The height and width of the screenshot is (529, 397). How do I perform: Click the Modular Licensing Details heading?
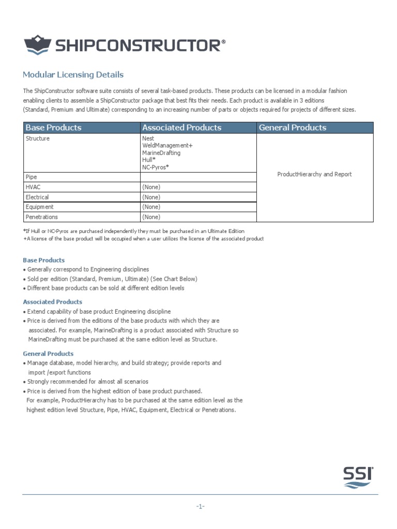click(73, 75)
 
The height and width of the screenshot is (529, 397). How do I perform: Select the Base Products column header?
click(54, 128)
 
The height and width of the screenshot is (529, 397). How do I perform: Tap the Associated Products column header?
click(181, 128)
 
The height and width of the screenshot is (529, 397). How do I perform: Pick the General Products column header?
click(293, 128)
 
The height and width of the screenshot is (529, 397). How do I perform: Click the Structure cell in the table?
click(38, 139)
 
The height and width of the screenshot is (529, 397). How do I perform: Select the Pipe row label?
click(31, 177)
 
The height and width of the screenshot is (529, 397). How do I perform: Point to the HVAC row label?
click(33, 187)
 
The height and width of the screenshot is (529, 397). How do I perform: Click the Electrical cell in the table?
click(37, 197)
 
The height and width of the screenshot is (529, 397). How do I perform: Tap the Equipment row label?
click(39, 207)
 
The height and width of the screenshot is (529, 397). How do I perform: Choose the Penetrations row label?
click(42, 217)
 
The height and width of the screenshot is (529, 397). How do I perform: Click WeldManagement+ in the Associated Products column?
click(167, 146)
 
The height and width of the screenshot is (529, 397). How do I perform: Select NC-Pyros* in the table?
click(156, 167)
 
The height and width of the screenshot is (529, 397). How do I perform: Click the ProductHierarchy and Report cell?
click(314, 175)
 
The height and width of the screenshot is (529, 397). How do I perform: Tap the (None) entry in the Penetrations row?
click(151, 217)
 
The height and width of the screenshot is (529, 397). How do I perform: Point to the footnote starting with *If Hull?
click(134, 231)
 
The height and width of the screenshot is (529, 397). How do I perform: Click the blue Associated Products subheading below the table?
click(53, 302)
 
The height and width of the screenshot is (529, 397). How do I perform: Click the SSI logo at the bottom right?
click(358, 477)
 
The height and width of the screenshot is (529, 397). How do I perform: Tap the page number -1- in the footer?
click(201, 507)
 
